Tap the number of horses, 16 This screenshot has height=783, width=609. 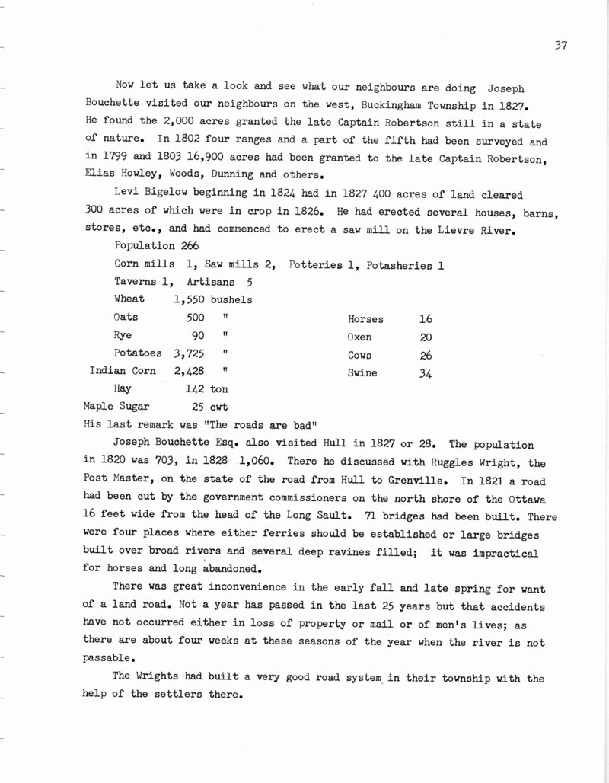point(426,320)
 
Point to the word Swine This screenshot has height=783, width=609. point(362,373)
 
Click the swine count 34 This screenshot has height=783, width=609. point(426,373)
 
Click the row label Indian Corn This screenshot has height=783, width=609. point(123,371)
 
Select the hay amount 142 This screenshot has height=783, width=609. point(186,388)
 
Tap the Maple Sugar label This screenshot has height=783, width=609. point(117,406)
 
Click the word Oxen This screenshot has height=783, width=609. point(360,337)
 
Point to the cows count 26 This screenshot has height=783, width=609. point(426,356)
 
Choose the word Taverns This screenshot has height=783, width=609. point(136,282)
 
